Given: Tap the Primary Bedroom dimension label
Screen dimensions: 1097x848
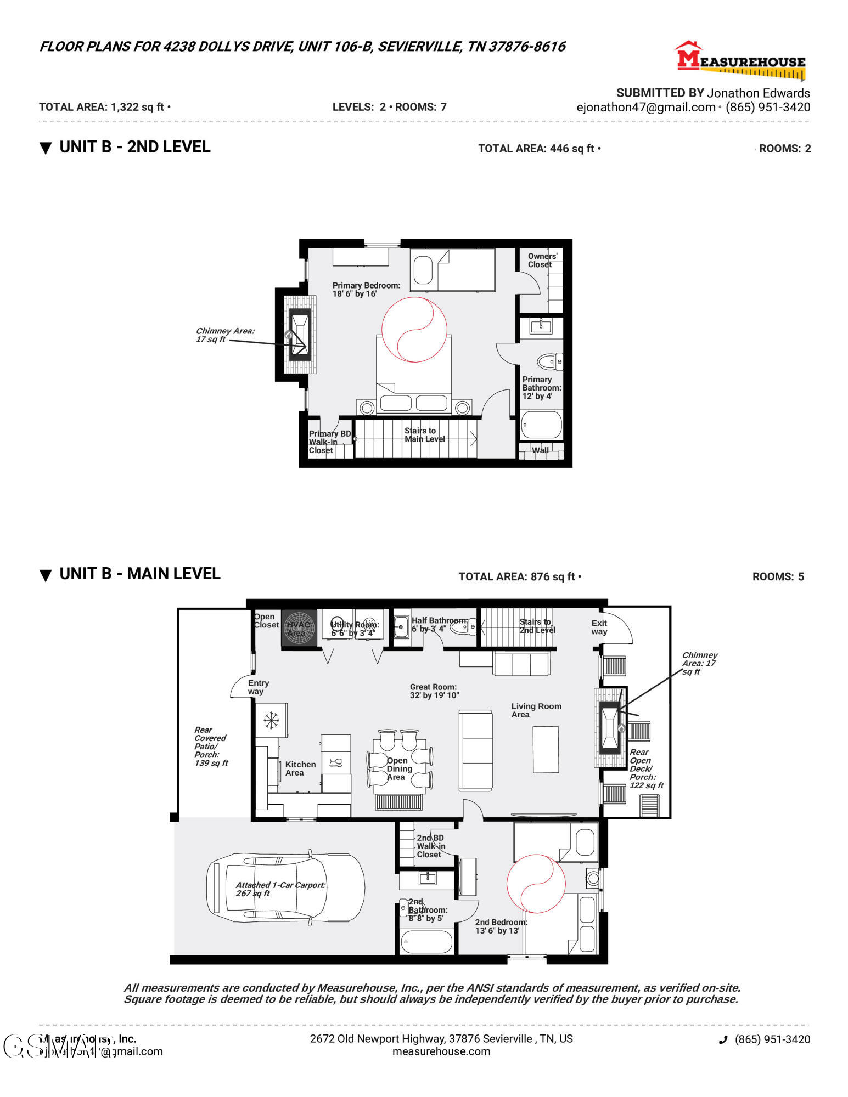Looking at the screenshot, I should click(366, 290).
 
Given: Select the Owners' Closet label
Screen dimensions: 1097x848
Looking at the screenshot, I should click(542, 260).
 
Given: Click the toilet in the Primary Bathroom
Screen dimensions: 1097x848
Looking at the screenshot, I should click(549, 361).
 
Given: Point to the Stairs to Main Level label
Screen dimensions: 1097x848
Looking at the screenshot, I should click(424, 434).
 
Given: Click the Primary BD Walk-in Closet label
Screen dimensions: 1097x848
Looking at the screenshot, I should click(329, 442).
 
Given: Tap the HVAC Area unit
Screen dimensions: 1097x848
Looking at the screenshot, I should click(299, 629).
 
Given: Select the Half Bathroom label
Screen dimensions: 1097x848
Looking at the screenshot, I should click(439, 624).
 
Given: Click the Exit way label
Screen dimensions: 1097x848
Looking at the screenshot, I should click(599, 627).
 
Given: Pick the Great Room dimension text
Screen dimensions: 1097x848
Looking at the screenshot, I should click(434, 691).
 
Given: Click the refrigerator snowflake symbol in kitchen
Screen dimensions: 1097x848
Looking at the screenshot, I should click(271, 720).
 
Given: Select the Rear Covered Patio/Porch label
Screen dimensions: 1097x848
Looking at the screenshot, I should click(210, 746).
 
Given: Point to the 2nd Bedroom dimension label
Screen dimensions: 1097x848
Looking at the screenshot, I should click(500, 926).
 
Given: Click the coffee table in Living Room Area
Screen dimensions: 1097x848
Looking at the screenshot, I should click(546, 749).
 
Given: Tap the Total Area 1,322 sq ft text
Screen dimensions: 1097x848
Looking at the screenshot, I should click(104, 107).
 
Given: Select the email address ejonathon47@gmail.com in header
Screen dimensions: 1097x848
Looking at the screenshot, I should click(645, 108).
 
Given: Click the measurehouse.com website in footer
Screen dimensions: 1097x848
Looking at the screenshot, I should click(441, 1051).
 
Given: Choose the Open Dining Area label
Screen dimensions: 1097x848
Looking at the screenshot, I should click(398, 768).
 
